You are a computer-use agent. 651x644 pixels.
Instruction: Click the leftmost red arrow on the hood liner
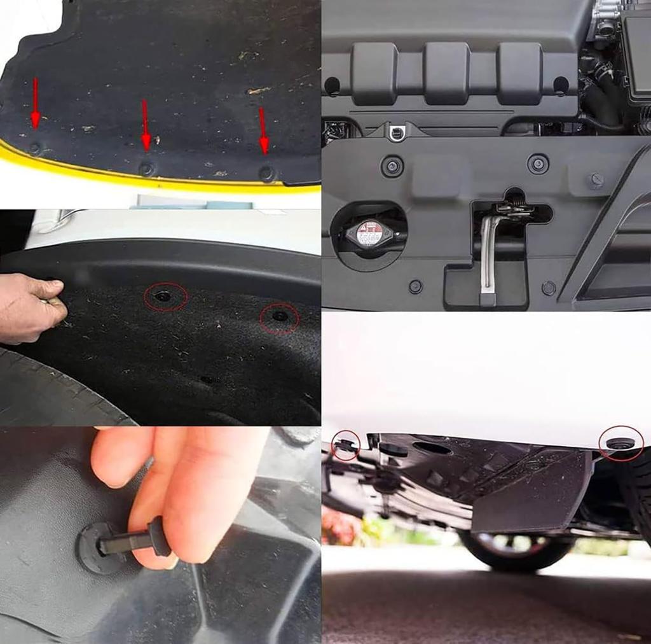pyautogui.click(x=36, y=102)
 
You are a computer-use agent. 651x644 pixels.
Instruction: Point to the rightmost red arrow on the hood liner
pyautogui.click(x=263, y=131)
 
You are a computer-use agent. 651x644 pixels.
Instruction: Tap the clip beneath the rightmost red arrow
pyautogui.click(x=267, y=172)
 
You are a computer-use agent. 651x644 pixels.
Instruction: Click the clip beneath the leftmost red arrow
pyautogui.click(x=35, y=148)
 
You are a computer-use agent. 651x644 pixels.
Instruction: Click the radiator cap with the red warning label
pyautogui.click(x=369, y=234)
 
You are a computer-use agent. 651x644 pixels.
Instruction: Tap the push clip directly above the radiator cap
pyautogui.click(x=392, y=166)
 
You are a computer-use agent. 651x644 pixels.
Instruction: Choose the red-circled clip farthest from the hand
pyautogui.click(x=279, y=316)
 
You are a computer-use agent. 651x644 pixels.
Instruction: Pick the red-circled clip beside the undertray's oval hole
pyautogui.click(x=345, y=444)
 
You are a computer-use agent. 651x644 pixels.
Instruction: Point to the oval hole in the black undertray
pyautogui.click(x=432, y=447)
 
